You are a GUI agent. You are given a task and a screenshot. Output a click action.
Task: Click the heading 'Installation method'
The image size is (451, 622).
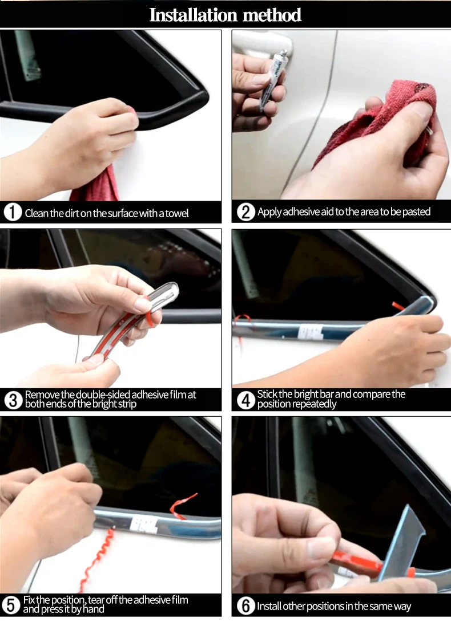coord(226,15)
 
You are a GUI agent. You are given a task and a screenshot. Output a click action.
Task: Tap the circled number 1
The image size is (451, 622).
coord(13,212)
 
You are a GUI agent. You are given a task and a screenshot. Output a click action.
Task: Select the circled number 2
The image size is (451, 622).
coord(245,212)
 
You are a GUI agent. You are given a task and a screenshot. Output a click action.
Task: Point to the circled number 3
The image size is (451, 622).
coord(13,400)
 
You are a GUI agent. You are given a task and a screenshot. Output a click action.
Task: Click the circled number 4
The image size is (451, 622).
coord(245,400)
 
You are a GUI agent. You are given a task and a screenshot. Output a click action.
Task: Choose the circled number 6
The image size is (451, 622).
coord(245,605)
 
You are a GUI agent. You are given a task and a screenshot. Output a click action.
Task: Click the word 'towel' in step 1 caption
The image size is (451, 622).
coord(177,213)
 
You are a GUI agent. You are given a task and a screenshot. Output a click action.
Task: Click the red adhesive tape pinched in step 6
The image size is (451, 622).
coord(357,563)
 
